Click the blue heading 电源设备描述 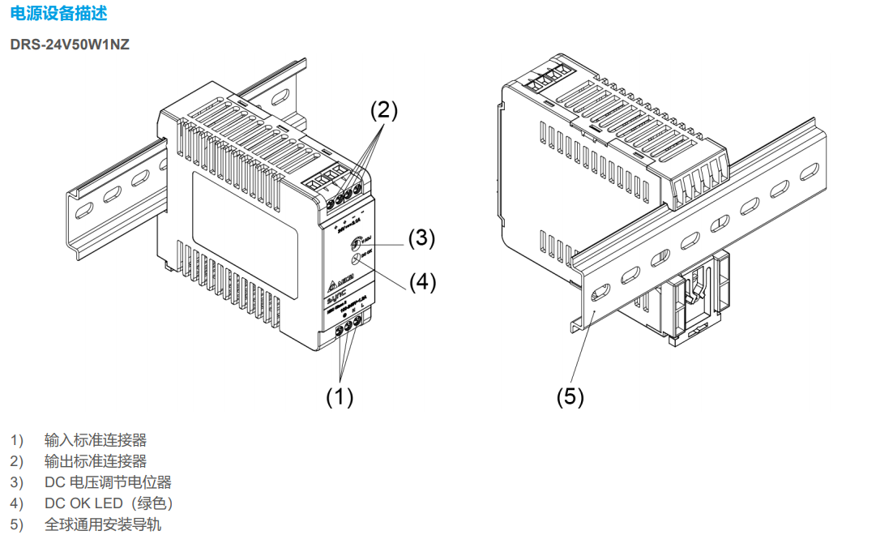click(58, 14)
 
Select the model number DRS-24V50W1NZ click(70, 44)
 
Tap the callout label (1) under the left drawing click(340, 396)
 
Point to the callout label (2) click(384, 110)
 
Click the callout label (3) click(421, 238)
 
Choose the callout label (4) click(422, 281)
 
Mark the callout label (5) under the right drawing click(570, 396)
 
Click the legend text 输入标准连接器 click(96, 440)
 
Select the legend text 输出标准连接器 click(96, 461)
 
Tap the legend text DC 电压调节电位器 click(108, 482)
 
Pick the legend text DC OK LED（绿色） click(109, 503)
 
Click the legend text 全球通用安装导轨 click(102, 524)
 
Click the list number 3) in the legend click(17, 482)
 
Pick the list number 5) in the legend click(17, 524)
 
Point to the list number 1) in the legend click(17, 440)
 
